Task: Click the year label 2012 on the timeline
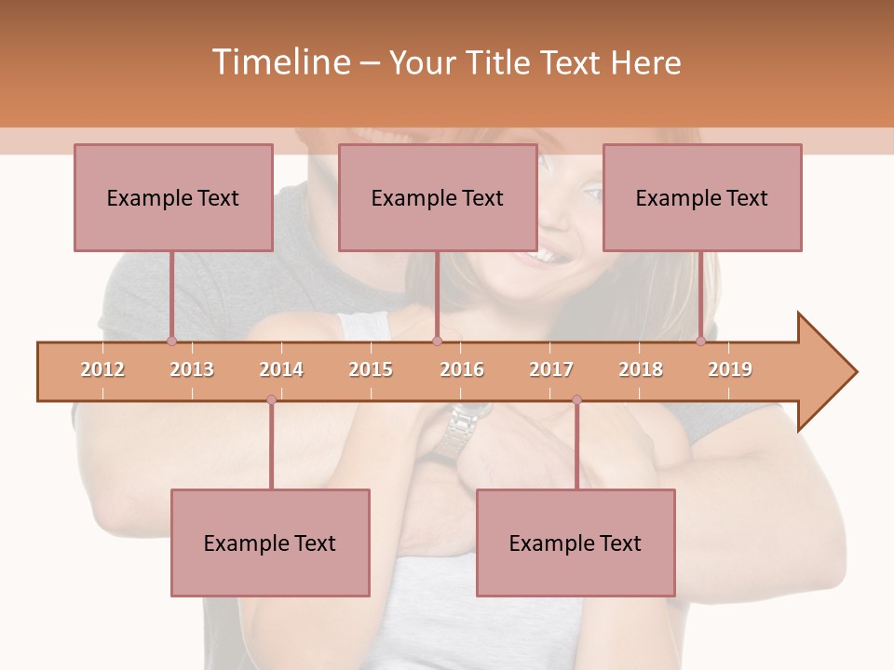[x=102, y=369]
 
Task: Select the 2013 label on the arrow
[x=192, y=369]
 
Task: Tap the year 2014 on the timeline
[x=281, y=369]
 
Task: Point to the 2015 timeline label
[x=371, y=369]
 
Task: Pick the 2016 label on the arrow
[x=462, y=369]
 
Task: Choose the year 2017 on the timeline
[x=551, y=369]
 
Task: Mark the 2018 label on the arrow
[x=641, y=369]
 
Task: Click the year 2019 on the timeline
[x=730, y=369]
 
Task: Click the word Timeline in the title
[x=278, y=62]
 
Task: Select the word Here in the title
[x=645, y=62]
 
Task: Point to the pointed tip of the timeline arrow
[x=855, y=372]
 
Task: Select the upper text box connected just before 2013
[x=173, y=197]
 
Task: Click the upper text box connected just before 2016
[x=438, y=197]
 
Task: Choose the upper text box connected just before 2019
[x=702, y=197]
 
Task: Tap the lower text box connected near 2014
[x=270, y=543]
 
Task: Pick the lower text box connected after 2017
[x=576, y=543]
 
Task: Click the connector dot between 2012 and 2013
[x=171, y=341]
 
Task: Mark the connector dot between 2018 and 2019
[x=700, y=341]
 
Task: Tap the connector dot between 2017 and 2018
[x=576, y=400]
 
